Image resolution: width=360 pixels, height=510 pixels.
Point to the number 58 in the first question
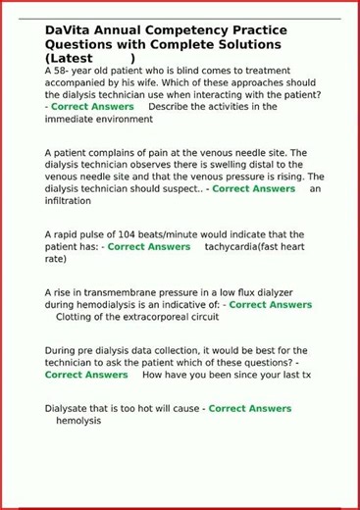(67, 72)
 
